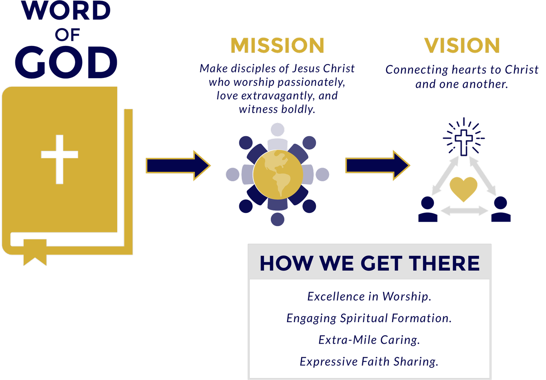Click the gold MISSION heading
click(277, 46)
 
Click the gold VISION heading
click(462, 46)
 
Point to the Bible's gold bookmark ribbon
click(35, 251)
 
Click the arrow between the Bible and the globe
click(178, 166)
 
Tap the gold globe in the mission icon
click(278, 174)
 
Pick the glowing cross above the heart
click(464, 140)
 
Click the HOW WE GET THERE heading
click(369, 263)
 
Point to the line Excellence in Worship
click(369, 297)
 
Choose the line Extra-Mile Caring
click(369, 340)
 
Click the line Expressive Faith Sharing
click(369, 361)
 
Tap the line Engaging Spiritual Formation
click(369, 318)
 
